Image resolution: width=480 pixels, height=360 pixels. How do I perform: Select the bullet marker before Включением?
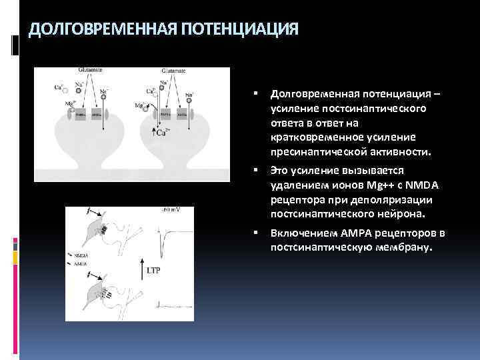pyautogui.click(x=255, y=233)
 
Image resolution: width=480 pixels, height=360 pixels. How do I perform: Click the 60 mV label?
pyautogui.click(x=172, y=211)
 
